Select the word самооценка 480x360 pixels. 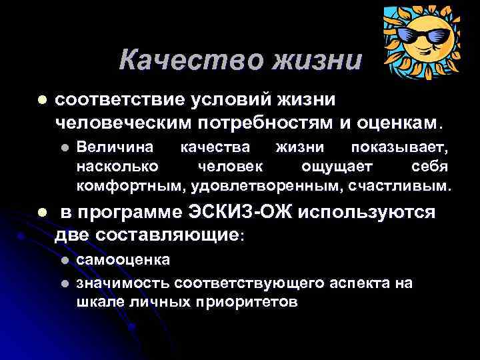click(123, 259)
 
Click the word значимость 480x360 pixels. click(123, 283)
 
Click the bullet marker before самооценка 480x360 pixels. click(65, 259)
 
